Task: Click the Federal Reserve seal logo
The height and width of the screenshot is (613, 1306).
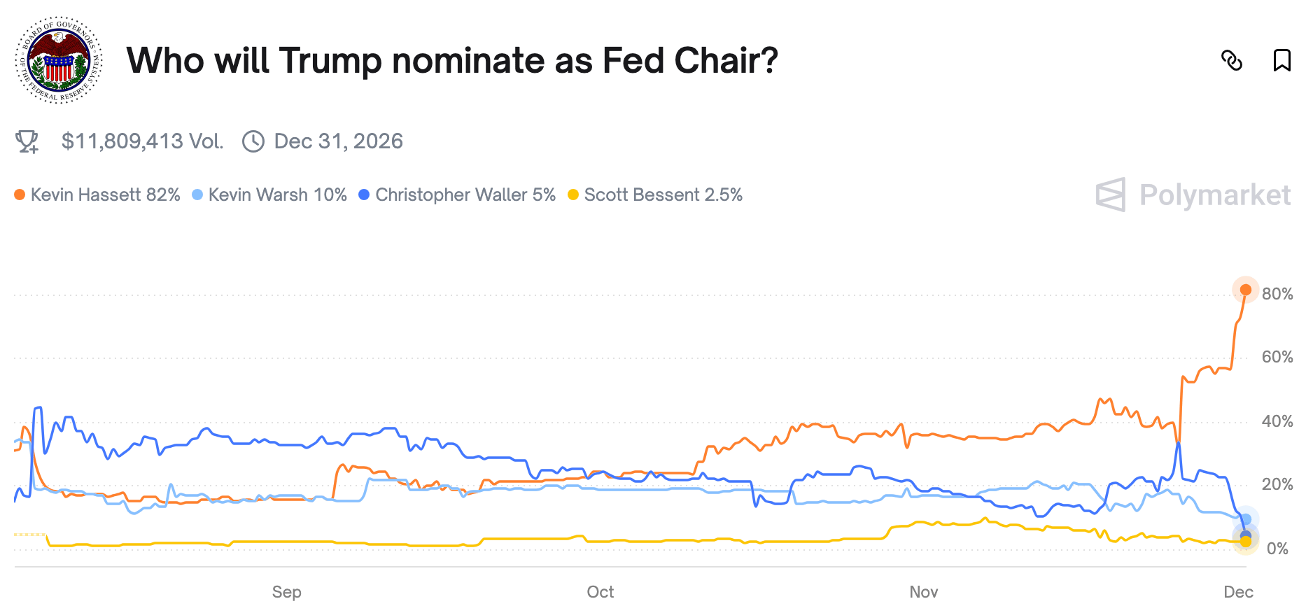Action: click(59, 60)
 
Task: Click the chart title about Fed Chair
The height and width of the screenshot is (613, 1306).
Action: click(452, 61)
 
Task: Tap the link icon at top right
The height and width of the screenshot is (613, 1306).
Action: click(1231, 61)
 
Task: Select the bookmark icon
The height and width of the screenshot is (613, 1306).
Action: click(1282, 60)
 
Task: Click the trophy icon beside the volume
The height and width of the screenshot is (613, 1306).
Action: click(27, 141)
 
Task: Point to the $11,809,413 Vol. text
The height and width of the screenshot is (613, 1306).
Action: click(142, 141)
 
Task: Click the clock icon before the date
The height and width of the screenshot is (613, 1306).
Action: click(253, 141)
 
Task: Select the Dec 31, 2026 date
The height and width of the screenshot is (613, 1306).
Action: click(338, 141)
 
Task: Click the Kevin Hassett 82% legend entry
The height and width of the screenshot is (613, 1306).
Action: click(98, 195)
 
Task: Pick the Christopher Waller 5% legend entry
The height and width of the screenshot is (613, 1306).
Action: click(458, 195)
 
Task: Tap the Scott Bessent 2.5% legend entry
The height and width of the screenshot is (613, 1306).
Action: click(656, 195)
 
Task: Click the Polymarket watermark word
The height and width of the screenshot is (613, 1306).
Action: click(1214, 195)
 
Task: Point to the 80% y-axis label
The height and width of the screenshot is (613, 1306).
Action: click(1277, 294)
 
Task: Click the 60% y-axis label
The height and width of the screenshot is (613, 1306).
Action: click(1277, 357)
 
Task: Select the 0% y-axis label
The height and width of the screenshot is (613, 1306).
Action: click(1277, 549)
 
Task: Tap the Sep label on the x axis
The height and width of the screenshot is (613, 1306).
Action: click(287, 592)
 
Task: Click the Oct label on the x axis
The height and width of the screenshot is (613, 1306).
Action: click(601, 592)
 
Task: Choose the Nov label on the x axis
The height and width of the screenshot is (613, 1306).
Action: click(924, 592)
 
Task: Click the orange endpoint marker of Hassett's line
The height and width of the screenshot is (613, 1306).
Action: click(1246, 290)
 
